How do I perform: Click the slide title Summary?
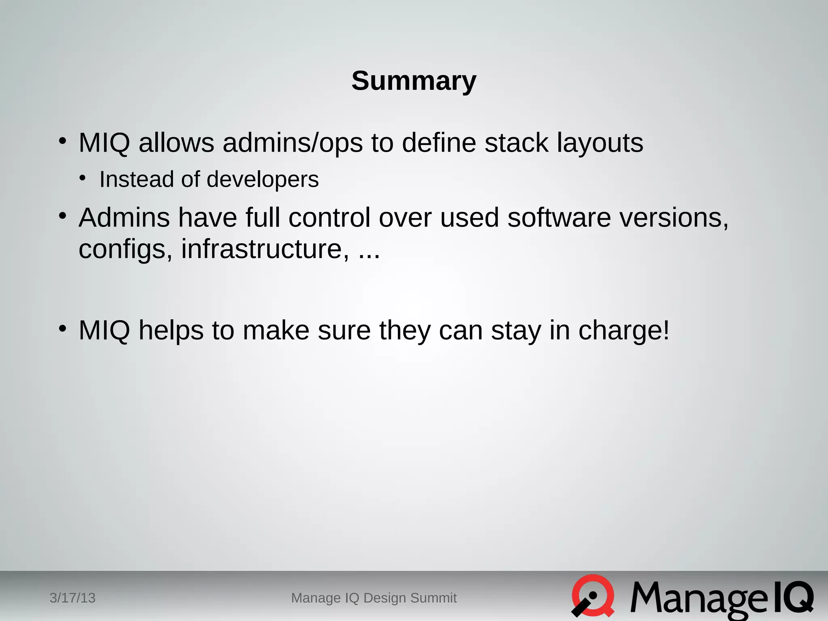pos(414,81)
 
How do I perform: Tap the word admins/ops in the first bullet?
pos(292,143)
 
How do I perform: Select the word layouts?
pos(600,143)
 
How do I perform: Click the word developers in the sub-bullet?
pos(262,180)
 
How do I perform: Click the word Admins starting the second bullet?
pos(124,218)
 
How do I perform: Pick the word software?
pos(559,218)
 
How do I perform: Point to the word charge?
pos(624,331)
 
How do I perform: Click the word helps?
pos(171,331)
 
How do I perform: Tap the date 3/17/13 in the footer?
pos(72,598)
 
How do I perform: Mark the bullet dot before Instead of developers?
pos(82,178)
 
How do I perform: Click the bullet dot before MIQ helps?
pos(62,328)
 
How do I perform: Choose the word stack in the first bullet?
pos(516,143)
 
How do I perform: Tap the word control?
pos(329,218)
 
